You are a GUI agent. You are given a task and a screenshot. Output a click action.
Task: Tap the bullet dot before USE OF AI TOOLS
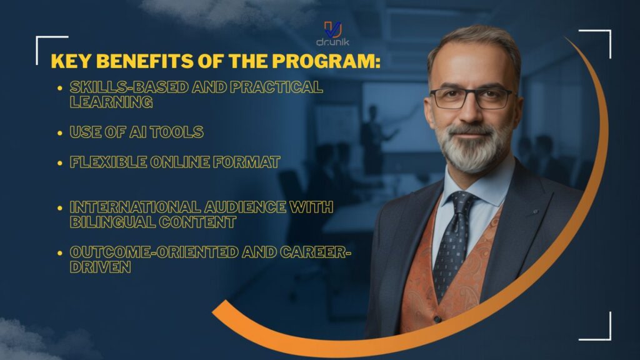click(x=59, y=132)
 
